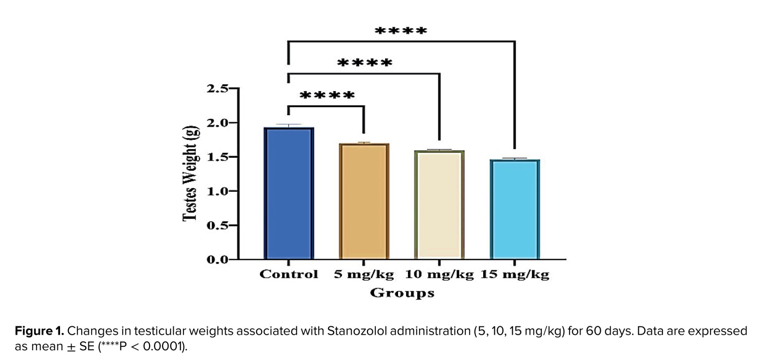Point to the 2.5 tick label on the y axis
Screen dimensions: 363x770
click(218, 89)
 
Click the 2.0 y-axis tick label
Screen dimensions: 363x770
click(218, 123)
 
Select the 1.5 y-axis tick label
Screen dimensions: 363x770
click(218, 157)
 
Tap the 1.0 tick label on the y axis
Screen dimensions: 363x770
click(218, 191)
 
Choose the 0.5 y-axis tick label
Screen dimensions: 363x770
click(218, 225)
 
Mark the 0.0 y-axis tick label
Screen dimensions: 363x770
click(218, 259)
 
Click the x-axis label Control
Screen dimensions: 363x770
click(289, 274)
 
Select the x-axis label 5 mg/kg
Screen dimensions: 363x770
click(364, 274)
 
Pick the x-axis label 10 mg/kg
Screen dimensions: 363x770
click(439, 274)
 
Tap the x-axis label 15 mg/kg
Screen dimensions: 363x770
click(515, 274)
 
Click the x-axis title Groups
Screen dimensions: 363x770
click(402, 293)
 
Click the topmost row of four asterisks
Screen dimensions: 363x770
click(401, 30)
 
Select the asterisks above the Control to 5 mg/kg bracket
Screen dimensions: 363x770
click(327, 95)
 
